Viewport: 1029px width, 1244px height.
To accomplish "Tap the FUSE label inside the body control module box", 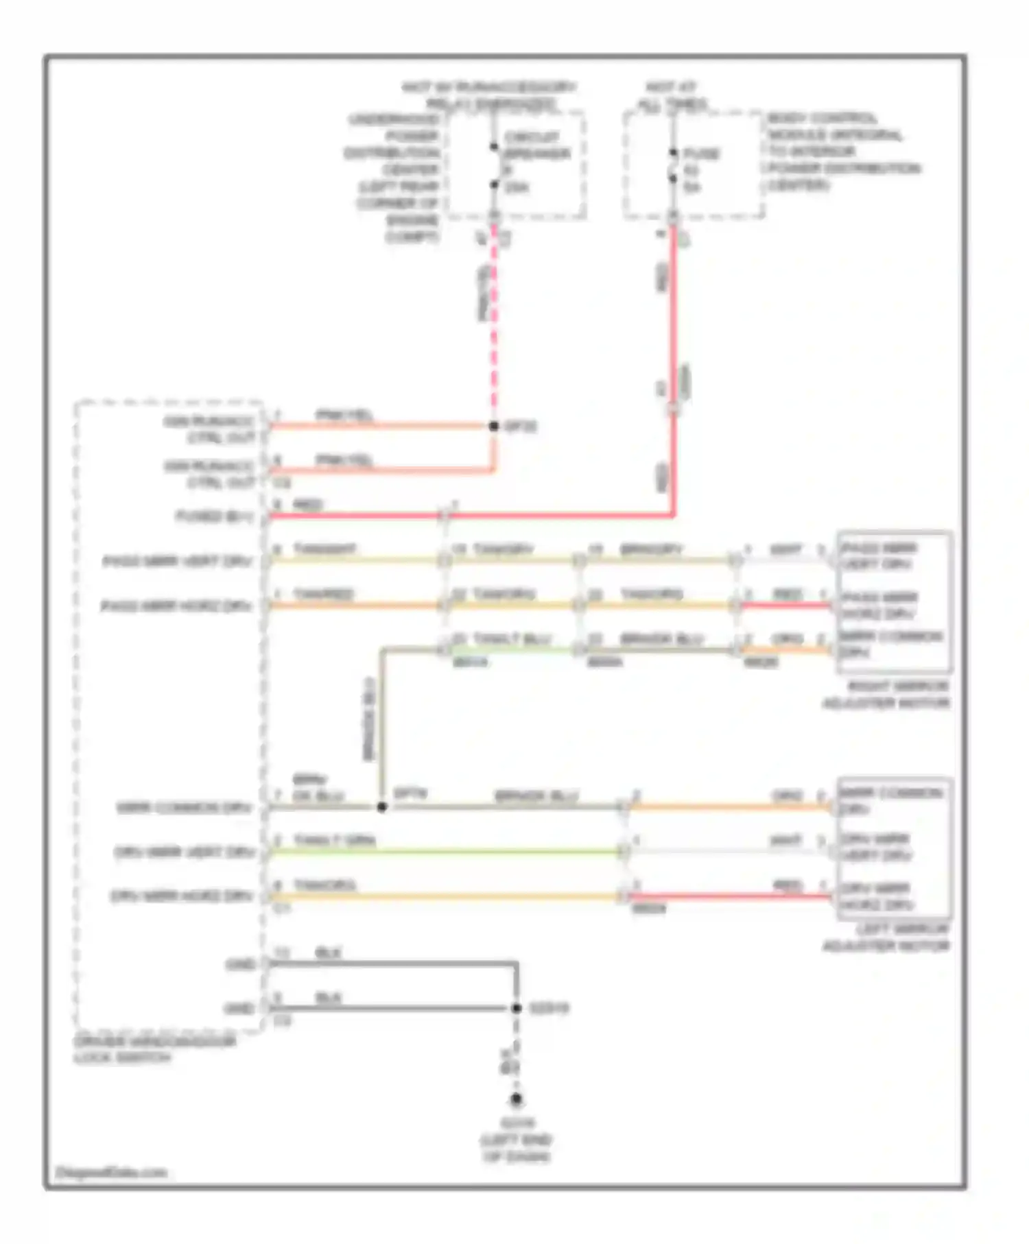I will tap(702, 153).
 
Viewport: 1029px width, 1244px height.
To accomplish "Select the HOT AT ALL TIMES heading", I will tap(672, 96).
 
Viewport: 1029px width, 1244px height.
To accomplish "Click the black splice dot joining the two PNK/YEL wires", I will tap(493, 426).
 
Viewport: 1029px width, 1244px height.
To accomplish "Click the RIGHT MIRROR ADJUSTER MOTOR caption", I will tap(886, 695).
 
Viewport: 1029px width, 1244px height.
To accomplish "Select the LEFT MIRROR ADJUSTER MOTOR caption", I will tap(886, 937).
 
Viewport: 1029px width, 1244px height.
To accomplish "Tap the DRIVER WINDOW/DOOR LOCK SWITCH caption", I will tap(154, 1050).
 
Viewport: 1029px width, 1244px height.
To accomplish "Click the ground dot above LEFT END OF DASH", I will tap(516, 1099).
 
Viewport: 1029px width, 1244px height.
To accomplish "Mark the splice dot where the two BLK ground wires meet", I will tap(517, 1008).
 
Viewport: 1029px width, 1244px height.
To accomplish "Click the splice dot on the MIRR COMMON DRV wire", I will tap(382, 807).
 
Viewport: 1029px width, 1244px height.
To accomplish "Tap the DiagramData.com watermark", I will tap(111, 1173).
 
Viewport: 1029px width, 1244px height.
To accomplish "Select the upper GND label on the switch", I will tap(240, 965).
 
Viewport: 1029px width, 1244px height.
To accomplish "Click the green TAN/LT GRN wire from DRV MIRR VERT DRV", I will tap(446, 852).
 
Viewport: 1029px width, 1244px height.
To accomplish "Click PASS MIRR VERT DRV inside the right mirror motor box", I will tap(879, 556).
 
